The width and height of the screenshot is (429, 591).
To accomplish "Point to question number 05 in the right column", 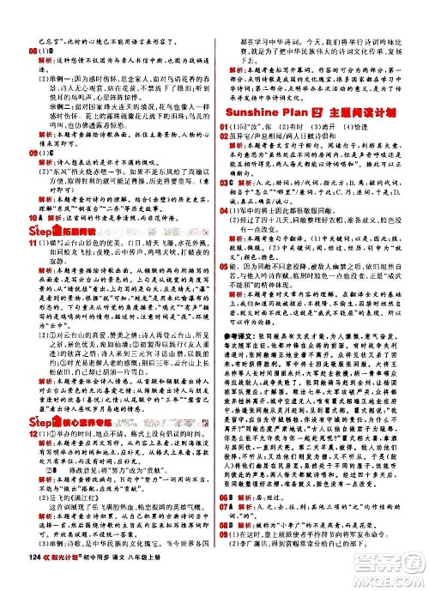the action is point(225,292).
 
